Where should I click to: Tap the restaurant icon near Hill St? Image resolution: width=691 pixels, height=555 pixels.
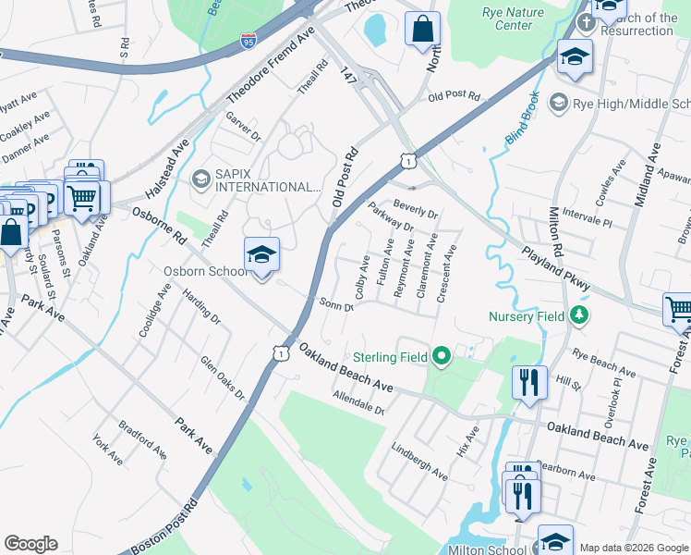529,381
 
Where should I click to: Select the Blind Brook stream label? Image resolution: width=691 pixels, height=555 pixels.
522,126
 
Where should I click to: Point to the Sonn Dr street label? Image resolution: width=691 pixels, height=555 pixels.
336,304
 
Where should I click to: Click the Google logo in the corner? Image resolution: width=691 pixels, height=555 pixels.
30,544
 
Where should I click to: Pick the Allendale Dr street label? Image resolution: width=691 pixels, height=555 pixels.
358,402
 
